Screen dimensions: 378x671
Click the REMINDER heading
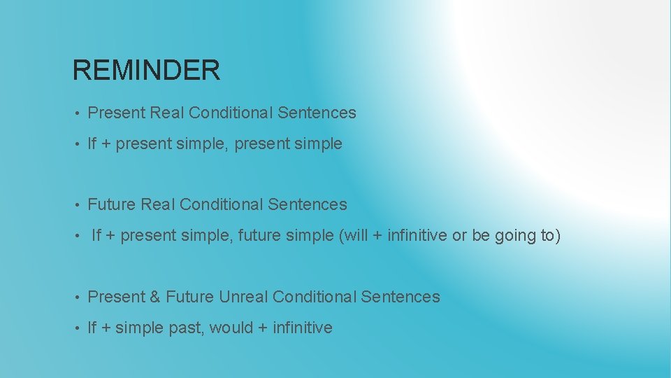click(x=146, y=70)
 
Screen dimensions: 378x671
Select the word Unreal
click(x=243, y=297)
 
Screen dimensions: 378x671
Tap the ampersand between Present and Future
click(x=154, y=297)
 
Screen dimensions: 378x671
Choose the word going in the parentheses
click(x=516, y=235)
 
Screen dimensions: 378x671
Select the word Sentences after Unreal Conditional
click(x=401, y=297)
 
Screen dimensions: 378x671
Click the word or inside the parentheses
click(x=459, y=236)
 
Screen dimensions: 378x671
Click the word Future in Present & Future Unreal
click(x=189, y=297)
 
